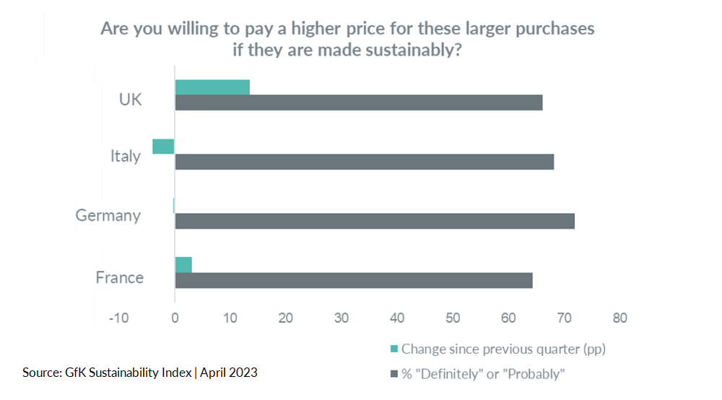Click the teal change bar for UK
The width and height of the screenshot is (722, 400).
click(212, 87)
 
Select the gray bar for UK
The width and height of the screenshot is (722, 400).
click(358, 103)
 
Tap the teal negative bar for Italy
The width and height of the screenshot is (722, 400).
click(163, 147)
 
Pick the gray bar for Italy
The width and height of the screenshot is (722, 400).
click(364, 162)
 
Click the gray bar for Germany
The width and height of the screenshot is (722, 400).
click(374, 221)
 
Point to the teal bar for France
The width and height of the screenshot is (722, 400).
click(183, 264)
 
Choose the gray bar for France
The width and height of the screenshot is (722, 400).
click(353, 280)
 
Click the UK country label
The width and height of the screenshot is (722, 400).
click(131, 99)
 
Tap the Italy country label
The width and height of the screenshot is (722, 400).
click(126, 156)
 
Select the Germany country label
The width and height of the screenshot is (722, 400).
click(108, 215)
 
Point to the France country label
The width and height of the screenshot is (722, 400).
click(120, 277)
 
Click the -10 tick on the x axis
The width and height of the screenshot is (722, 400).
click(118, 318)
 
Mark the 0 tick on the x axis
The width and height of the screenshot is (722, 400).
click(175, 318)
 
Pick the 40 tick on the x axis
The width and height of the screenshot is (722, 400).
click(397, 318)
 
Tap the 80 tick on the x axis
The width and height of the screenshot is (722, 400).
click(619, 318)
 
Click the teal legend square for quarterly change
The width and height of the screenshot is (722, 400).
click(393, 349)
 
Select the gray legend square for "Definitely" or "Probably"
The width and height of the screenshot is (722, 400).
click(393, 373)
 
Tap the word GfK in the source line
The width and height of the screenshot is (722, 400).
click(73, 373)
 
